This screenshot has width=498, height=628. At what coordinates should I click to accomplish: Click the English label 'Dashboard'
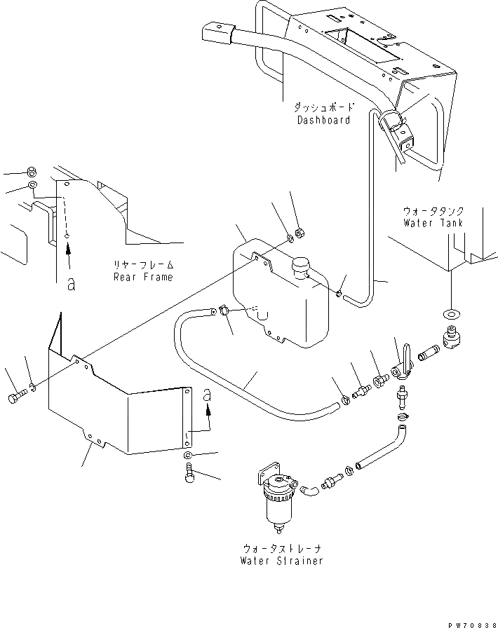tap(323, 120)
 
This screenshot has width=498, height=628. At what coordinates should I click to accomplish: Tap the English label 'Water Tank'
tap(433, 222)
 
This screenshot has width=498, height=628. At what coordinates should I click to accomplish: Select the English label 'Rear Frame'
tap(143, 277)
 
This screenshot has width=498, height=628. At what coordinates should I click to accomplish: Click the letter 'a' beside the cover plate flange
tap(207, 397)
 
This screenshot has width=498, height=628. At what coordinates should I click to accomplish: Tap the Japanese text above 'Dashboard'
tap(323, 108)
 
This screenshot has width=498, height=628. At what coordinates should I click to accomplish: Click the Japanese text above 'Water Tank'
tap(433, 210)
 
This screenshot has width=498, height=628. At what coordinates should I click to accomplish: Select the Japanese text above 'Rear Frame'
tap(143, 265)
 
